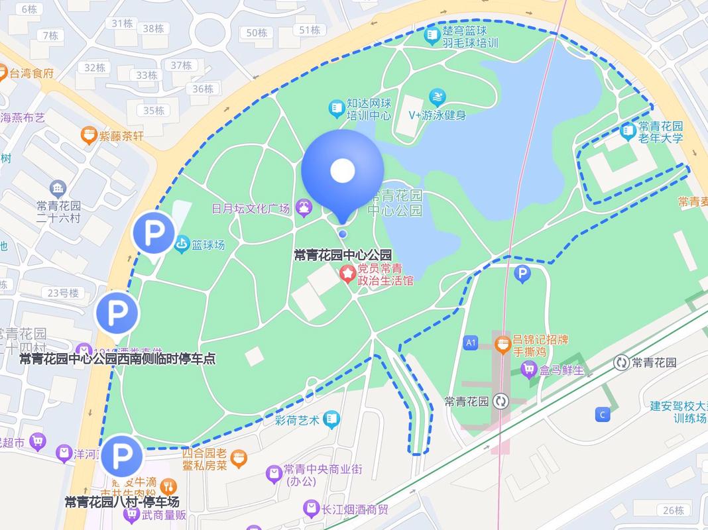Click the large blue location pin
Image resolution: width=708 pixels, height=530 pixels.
pos(342,171)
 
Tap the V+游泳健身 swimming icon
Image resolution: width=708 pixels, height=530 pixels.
pos(437,97)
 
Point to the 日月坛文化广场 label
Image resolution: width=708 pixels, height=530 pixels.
pos(251,209)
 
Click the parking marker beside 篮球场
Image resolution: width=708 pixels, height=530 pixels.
pos(154,233)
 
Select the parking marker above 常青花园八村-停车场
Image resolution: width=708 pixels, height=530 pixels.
pos(121,456)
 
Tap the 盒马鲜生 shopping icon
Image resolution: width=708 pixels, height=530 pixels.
pos(528,369)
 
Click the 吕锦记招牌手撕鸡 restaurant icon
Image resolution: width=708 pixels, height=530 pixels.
pos(502,343)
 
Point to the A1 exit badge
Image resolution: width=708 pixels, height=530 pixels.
pos(471,343)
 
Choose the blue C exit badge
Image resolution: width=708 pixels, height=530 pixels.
pos(602,415)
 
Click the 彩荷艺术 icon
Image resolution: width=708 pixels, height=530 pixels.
pos(332,419)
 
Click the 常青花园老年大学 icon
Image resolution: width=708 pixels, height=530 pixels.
pos(628,131)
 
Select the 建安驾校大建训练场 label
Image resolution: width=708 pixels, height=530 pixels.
pos(678,412)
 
